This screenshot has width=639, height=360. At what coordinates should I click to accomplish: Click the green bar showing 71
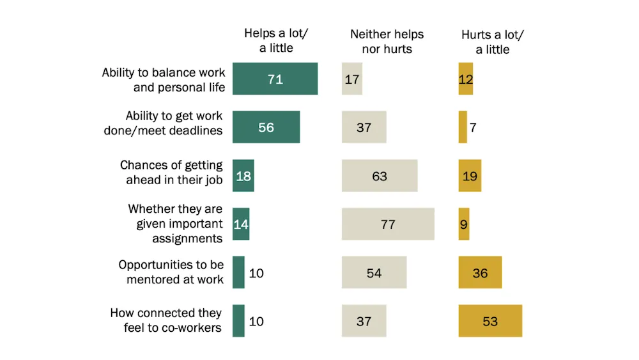pyautogui.click(x=275, y=79)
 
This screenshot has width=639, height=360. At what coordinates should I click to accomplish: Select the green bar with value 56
pyautogui.click(x=266, y=127)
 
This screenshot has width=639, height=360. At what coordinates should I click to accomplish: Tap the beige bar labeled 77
pyautogui.click(x=388, y=224)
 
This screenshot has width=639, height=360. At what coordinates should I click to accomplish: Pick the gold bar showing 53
pyautogui.click(x=490, y=321)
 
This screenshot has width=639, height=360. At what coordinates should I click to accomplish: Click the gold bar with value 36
pyautogui.click(x=480, y=272)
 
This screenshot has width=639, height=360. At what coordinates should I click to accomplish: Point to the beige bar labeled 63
pyautogui.click(x=380, y=176)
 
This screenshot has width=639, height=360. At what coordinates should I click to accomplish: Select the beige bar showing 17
pyautogui.click(x=352, y=79)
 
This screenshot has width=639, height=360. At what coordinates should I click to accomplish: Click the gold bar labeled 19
pyautogui.click(x=470, y=176)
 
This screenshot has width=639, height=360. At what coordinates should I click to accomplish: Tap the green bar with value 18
pyautogui.click(x=243, y=176)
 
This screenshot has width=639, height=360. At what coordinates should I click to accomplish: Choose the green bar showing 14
pyautogui.click(x=241, y=224)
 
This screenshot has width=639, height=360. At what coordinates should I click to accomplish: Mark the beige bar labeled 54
pyautogui.click(x=374, y=272)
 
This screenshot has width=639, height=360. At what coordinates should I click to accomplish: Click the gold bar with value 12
pyautogui.click(x=466, y=79)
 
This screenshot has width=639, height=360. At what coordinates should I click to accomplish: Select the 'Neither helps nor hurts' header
pyautogui.click(x=387, y=41)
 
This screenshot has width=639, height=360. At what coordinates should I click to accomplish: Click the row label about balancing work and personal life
pyautogui.click(x=164, y=79)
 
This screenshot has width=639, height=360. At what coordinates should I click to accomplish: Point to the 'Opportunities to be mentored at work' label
pyautogui.click(x=171, y=272)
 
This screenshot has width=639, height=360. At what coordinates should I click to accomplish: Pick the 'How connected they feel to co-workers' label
pyautogui.click(x=166, y=320)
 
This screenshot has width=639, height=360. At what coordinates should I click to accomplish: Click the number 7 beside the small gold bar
pyautogui.click(x=473, y=127)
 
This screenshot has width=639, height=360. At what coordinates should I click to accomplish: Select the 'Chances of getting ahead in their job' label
pyautogui.click(x=171, y=173)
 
